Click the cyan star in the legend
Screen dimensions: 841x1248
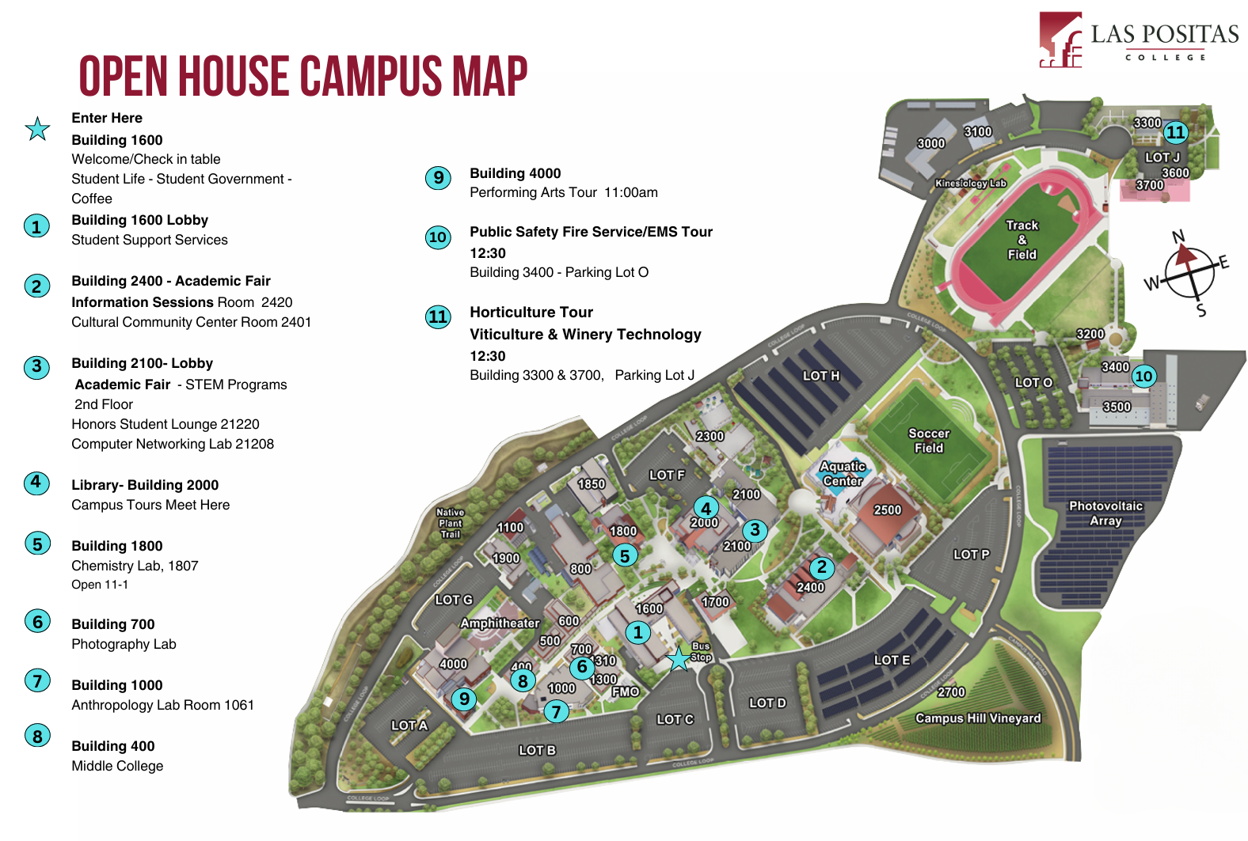[x=37, y=128]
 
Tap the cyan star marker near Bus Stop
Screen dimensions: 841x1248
[x=679, y=658]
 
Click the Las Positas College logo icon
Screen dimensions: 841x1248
[x=1061, y=40]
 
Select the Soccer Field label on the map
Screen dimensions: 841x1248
[x=929, y=441]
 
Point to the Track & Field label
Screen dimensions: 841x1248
[x=1022, y=240]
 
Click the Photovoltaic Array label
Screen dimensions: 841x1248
[x=1105, y=513]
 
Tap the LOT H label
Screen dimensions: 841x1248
[x=820, y=376]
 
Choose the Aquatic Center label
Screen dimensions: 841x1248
[x=843, y=474]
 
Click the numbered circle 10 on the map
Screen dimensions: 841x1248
[x=1143, y=376]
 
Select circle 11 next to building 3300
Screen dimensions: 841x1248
[x=1176, y=132]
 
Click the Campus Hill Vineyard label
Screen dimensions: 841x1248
[x=978, y=718]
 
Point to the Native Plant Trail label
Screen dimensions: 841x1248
[x=450, y=523]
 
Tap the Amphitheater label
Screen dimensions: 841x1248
[x=500, y=623]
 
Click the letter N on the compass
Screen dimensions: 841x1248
[x=1178, y=237]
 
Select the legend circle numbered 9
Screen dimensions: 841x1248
[x=438, y=177]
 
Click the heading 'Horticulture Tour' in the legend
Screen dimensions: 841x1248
[x=531, y=313]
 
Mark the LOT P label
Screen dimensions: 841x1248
[x=971, y=555]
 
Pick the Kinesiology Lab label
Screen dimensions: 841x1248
[x=970, y=183]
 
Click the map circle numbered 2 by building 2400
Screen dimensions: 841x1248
[x=821, y=567]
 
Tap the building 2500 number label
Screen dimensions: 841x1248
[x=887, y=510]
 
